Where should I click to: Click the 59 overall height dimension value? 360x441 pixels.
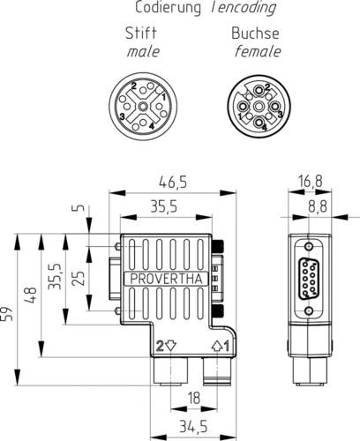pos(10,312)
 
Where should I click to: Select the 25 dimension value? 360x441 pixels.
pos(77,280)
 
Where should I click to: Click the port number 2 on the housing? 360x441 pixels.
pos(160,345)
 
